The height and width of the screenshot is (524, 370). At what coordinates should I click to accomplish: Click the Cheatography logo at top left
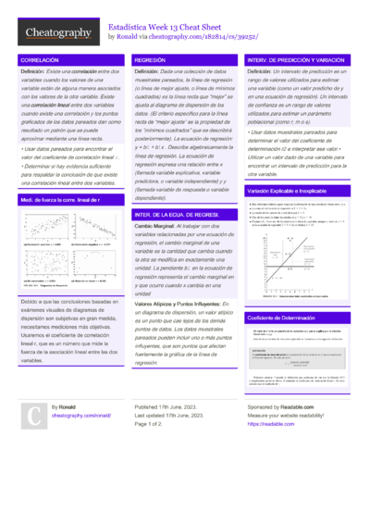coord(57,32)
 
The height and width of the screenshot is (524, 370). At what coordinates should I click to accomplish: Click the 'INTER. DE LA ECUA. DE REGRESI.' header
coord(176,214)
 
